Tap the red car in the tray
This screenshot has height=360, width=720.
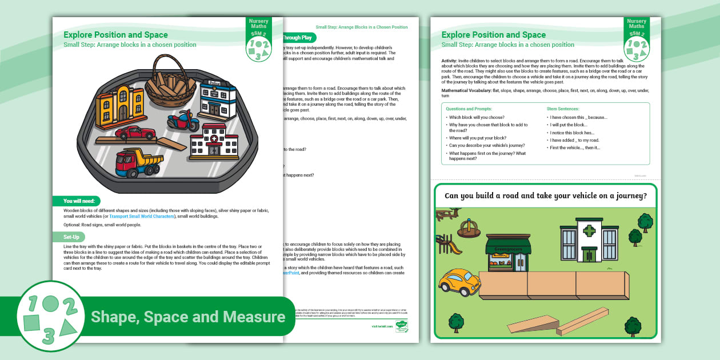pyautogui.click(x=135, y=133)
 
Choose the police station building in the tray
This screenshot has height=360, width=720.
pyautogui.click(x=218, y=98)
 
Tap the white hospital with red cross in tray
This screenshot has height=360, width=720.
pyautogui.click(x=214, y=140)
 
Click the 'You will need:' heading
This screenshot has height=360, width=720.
pyautogui.click(x=79, y=201)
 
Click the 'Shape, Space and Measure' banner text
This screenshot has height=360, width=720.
pyautogui.click(x=188, y=317)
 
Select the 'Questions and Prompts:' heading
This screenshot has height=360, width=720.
pyautogui.click(x=469, y=109)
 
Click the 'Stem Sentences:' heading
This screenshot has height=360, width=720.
pyautogui.click(x=563, y=109)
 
